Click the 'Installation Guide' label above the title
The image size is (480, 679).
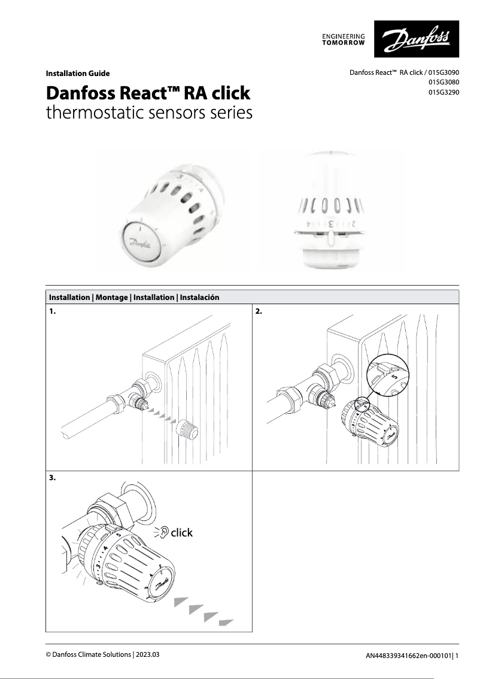[x=78, y=74]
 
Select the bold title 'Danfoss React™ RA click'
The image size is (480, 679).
[x=148, y=94]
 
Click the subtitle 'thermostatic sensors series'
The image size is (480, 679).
[x=149, y=113]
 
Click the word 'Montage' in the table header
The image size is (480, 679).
[x=111, y=298]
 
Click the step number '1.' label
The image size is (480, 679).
[x=53, y=312]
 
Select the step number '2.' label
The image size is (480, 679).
[x=259, y=312]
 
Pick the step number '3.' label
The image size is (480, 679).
[x=53, y=478]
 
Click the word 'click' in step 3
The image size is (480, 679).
[x=182, y=532]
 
